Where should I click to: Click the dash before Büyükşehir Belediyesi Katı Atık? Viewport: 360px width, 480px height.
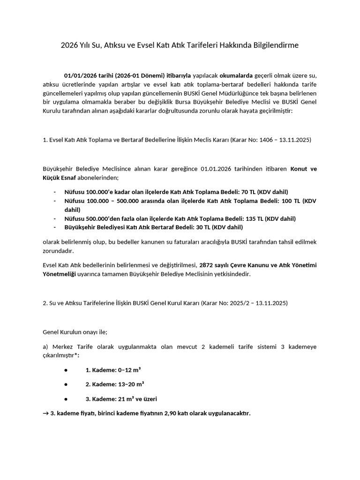point(54,227)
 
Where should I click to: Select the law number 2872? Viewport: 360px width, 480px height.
point(207,265)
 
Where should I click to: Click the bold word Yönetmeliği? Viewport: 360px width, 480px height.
point(59,274)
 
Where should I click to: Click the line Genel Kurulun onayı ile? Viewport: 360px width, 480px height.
point(75,332)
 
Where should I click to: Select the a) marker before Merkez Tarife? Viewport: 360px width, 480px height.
point(45,346)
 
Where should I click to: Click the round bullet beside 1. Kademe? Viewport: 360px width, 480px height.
point(66,370)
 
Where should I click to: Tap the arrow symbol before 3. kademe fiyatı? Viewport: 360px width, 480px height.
point(45,413)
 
